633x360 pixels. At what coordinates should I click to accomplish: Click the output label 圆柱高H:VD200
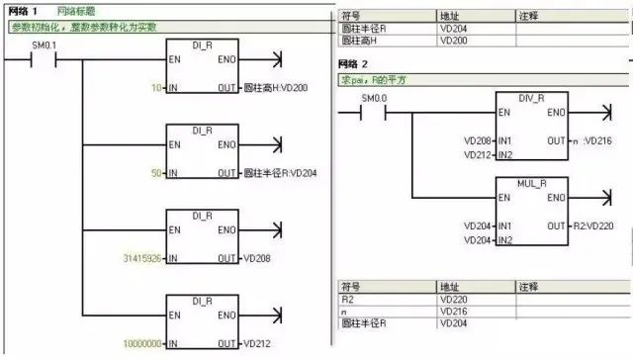[280, 88]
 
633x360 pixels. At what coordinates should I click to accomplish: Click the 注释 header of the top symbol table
[530, 18]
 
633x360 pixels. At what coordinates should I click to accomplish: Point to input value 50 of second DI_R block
[155, 173]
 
